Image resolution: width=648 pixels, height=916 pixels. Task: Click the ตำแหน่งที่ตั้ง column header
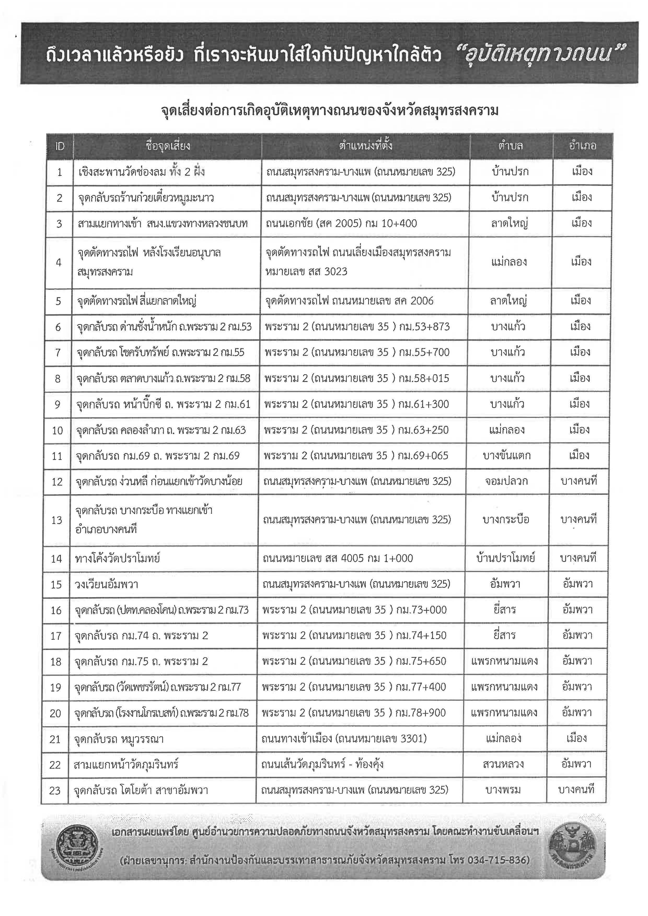pos(366,146)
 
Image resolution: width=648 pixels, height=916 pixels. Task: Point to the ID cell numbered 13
pos(57,520)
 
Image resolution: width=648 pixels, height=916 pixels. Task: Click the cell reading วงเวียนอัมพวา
pos(107,585)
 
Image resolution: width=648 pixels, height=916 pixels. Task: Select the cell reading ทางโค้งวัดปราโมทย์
pos(118,558)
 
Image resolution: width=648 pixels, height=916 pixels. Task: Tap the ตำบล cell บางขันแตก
pos(506,456)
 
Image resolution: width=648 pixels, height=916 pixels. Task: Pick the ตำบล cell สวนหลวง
pos(503,764)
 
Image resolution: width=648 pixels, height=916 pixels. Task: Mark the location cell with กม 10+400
pos(342,223)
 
